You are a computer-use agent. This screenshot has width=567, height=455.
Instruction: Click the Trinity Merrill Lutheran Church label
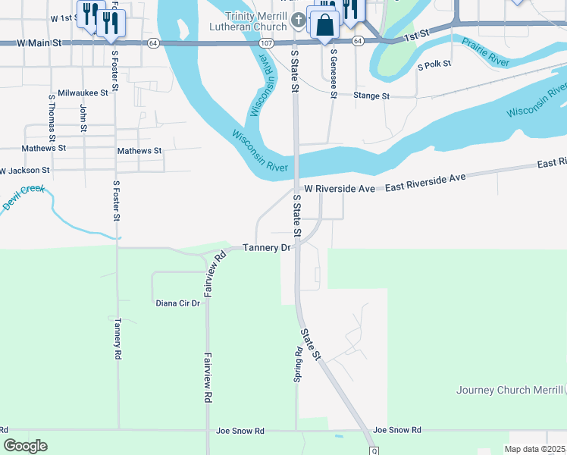tap(255, 20)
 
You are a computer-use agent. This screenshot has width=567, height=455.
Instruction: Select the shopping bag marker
tap(324, 25)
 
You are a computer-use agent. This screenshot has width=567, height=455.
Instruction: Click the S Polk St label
tap(434, 66)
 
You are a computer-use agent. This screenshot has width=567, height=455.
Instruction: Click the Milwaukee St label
tap(84, 91)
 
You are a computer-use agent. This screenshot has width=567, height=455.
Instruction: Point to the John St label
tap(83, 118)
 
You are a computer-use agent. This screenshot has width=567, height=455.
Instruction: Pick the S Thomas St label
tap(52, 118)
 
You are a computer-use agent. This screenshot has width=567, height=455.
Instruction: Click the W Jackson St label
tap(24, 171)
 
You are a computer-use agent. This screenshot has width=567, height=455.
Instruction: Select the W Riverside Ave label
tap(339, 188)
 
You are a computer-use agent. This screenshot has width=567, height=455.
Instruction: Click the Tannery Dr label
tap(267, 248)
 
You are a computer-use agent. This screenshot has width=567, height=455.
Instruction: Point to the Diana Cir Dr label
tap(177, 303)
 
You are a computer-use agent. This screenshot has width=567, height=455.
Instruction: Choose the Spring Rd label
tap(299, 365)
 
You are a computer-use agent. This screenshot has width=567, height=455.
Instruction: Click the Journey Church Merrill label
tap(509, 391)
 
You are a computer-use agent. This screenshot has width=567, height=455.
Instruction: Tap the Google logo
tap(25, 446)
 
